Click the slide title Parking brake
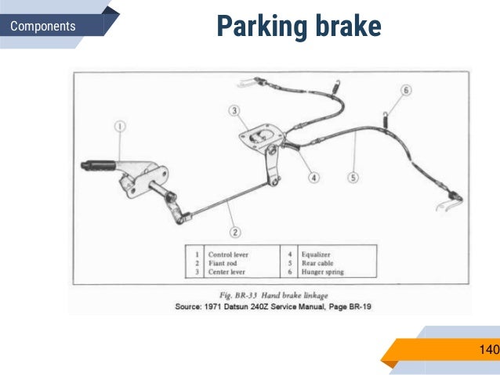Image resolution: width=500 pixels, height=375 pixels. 299,26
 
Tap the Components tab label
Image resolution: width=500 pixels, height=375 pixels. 43,27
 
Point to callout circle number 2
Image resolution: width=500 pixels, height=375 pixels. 235,232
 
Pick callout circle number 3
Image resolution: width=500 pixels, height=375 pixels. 234,110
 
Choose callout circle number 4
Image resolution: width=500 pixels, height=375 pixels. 313,177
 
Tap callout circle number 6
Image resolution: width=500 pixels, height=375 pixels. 405,90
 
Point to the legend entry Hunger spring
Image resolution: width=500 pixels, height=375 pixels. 323,272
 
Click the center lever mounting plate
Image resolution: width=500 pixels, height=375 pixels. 258,138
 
